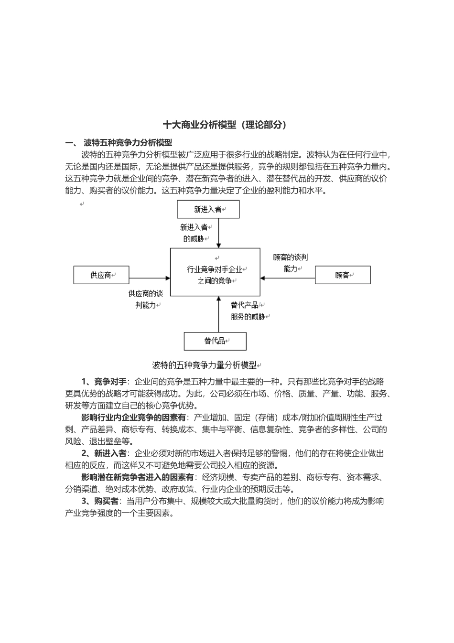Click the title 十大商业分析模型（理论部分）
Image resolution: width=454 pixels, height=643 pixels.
pyautogui.click(x=225, y=125)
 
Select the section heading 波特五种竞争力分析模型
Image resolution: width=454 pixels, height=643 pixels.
pyautogui.click(x=128, y=142)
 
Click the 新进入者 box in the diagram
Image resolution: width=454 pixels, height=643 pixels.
pyautogui.click(x=208, y=209)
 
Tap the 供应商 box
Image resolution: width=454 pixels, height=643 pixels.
pyautogui.click(x=101, y=275)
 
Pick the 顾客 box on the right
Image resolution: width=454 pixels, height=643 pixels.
pyautogui.click(x=342, y=275)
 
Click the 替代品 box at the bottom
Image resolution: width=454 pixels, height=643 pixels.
pyautogui.click(x=215, y=341)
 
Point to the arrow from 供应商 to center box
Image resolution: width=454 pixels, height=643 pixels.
pyautogui.click(x=150, y=278)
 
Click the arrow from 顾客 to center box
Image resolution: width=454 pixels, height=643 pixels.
pyautogui.click(x=288, y=278)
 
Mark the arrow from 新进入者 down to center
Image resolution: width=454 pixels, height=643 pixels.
pyautogui.click(x=218, y=234)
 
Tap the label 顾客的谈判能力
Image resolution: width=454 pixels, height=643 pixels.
pyautogui.click(x=290, y=263)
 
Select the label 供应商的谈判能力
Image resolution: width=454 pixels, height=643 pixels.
pyautogui.click(x=145, y=299)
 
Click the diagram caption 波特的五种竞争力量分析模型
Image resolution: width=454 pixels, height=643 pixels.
pyautogui.click(x=205, y=365)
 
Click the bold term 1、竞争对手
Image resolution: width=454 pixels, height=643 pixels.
pyautogui.click(x=104, y=382)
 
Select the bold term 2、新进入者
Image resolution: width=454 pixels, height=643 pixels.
pyautogui.click(x=104, y=453)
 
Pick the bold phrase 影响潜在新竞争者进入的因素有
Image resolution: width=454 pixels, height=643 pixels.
pyautogui.click(x=138, y=477)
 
